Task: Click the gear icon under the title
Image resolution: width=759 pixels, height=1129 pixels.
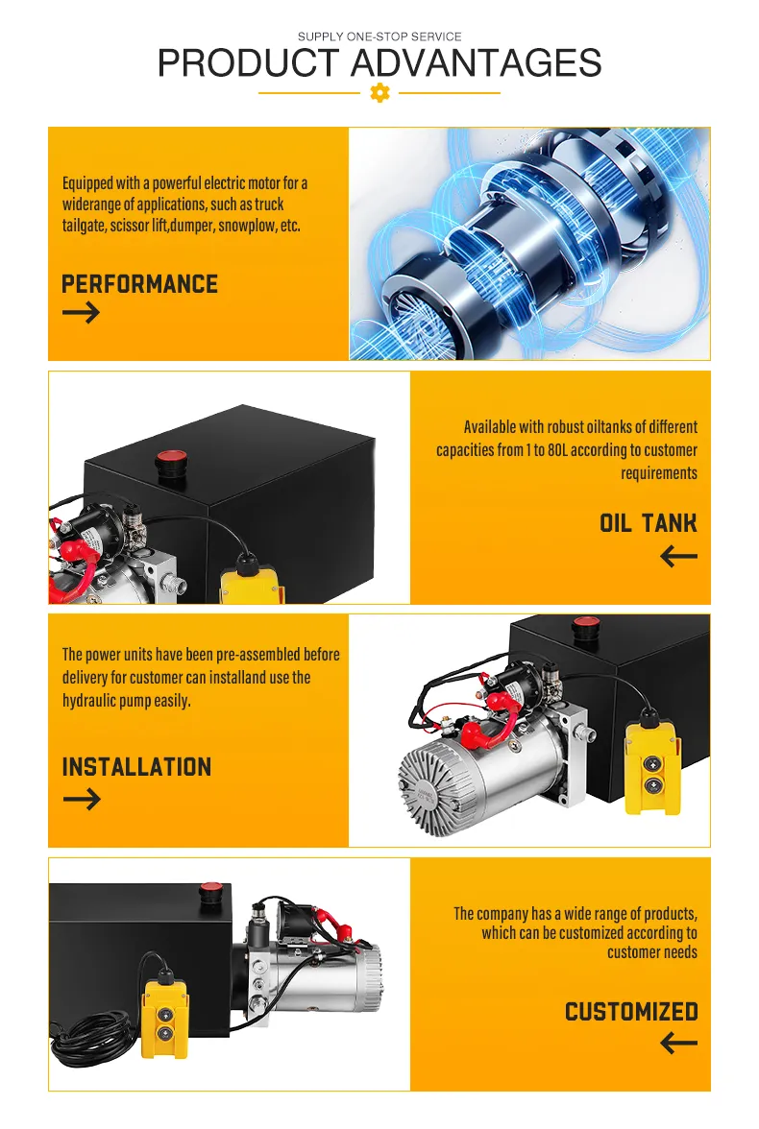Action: coord(379,93)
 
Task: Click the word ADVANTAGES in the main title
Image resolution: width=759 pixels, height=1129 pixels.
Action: coord(476,62)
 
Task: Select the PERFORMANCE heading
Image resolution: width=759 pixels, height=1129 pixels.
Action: coord(140,284)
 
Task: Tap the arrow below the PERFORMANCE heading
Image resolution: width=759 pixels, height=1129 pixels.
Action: coord(81,313)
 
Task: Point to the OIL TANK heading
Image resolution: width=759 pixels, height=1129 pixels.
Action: coord(648,523)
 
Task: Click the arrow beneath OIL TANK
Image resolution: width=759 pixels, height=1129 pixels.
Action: coord(678,556)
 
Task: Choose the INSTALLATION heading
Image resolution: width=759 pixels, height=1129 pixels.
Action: coord(137,768)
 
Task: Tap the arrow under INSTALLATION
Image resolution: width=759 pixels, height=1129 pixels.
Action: coord(82,799)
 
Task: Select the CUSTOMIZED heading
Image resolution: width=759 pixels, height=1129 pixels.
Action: coord(631,1012)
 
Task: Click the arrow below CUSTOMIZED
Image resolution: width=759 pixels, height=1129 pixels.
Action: coord(678,1043)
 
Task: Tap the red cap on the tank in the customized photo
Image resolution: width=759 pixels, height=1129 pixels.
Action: coord(210,891)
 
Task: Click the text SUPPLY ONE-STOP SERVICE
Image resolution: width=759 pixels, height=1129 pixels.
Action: coord(379,36)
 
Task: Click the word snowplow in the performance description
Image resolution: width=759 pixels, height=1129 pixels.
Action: coord(247,226)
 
